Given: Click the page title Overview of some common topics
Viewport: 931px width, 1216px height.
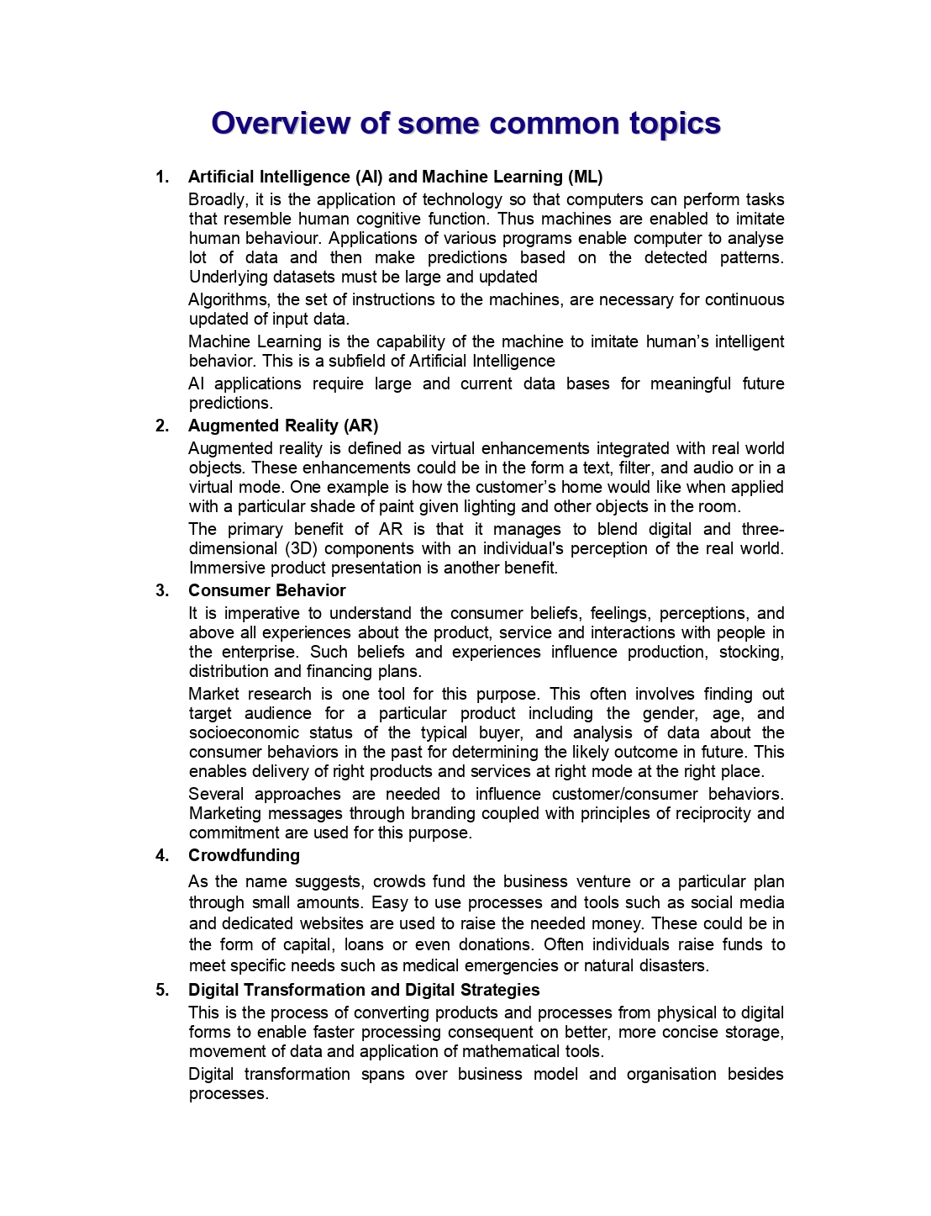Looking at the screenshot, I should click(x=465, y=124).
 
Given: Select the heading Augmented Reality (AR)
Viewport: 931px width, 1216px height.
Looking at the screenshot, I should click(x=283, y=426).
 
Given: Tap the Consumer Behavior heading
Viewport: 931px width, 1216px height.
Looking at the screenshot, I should click(x=266, y=590).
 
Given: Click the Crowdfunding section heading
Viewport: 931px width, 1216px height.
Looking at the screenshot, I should click(x=244, y=855).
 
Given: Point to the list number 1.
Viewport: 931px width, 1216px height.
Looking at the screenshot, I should click(x=162, y=177).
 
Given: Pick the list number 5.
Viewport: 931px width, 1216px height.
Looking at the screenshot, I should click(x=162, y=990).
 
